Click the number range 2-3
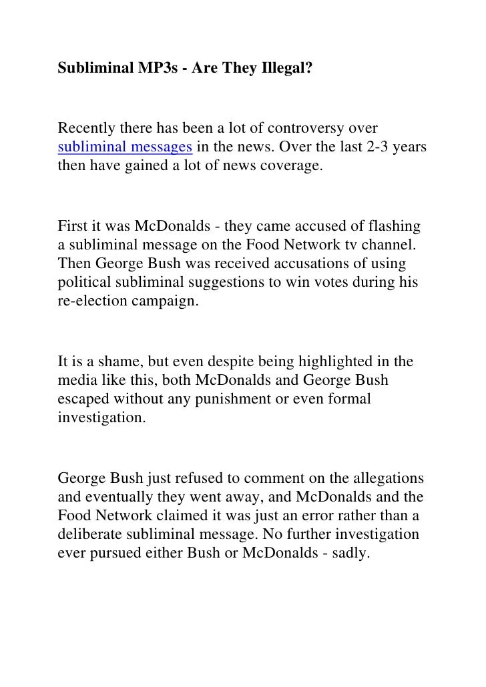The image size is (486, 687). [x=378, y=147]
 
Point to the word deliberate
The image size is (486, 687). [x=97, y=535]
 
